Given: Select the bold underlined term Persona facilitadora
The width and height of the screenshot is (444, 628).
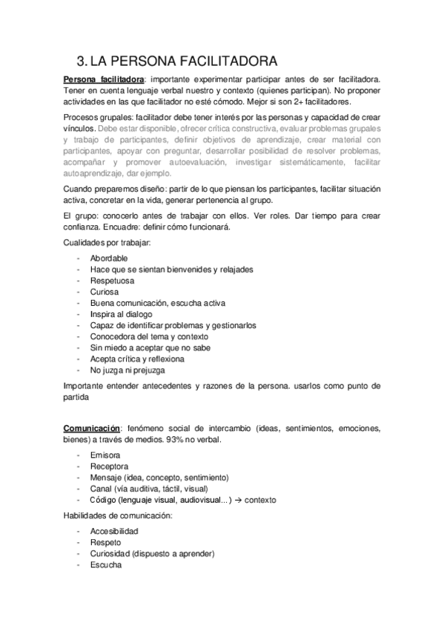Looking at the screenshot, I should click(x=104, y=78).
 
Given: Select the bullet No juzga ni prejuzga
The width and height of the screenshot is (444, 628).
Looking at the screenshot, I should click(x=127, y=370).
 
